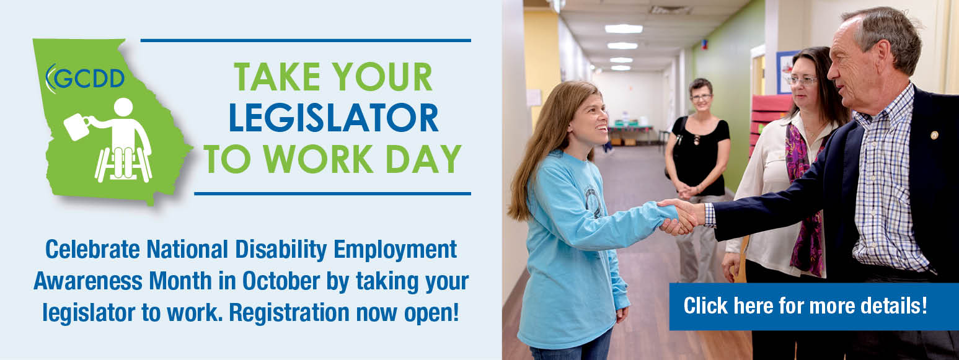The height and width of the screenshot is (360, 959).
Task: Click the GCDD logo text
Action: (89, 78)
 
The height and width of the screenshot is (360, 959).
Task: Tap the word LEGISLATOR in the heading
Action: (334, 118)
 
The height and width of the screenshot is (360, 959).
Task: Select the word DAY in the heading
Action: (423, 159)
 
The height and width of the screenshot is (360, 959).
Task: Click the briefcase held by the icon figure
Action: (77, 126)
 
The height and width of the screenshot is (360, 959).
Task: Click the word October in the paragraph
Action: (281, 281)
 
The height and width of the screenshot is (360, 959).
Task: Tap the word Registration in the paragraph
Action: (289, 313)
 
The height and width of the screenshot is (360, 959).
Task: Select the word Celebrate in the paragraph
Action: (92, 249)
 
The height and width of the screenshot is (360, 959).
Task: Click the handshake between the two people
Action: (681, 217)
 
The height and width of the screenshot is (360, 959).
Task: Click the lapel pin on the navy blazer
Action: (935, 135)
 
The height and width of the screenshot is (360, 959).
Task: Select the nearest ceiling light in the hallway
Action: (624, 29)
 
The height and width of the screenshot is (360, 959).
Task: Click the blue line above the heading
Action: (306, 41)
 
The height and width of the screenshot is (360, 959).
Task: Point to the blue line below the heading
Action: (333, 194)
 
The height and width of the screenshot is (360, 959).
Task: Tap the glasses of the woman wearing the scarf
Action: (802, 80)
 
